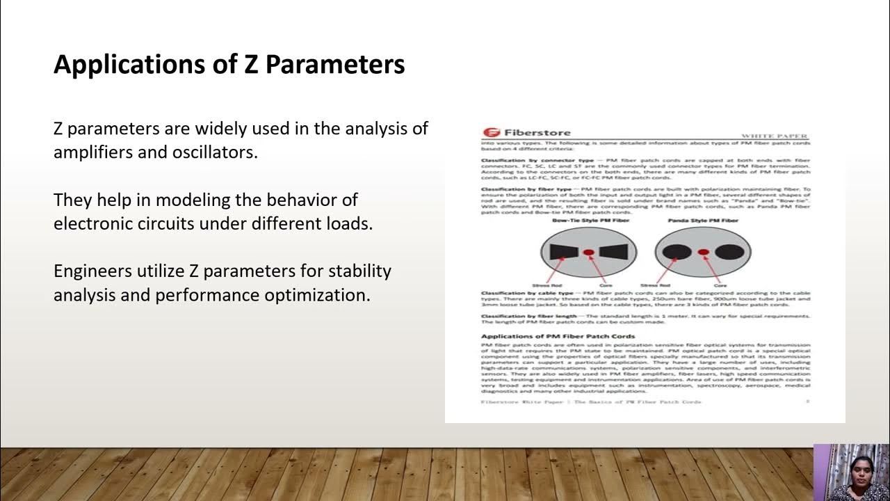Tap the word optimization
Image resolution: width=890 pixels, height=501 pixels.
(317, 295)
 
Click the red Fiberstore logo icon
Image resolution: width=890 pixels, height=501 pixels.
(491, 133)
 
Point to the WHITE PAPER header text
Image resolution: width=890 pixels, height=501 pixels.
(775, 136)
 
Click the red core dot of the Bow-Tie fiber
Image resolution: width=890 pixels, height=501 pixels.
(588, 252)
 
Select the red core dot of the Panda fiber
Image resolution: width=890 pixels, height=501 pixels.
(703, 252)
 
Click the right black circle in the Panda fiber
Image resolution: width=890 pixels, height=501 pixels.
(729, 252)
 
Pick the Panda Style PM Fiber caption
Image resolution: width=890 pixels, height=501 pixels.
(703, 220)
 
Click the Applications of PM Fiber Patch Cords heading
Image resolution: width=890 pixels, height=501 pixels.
(558, 336)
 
